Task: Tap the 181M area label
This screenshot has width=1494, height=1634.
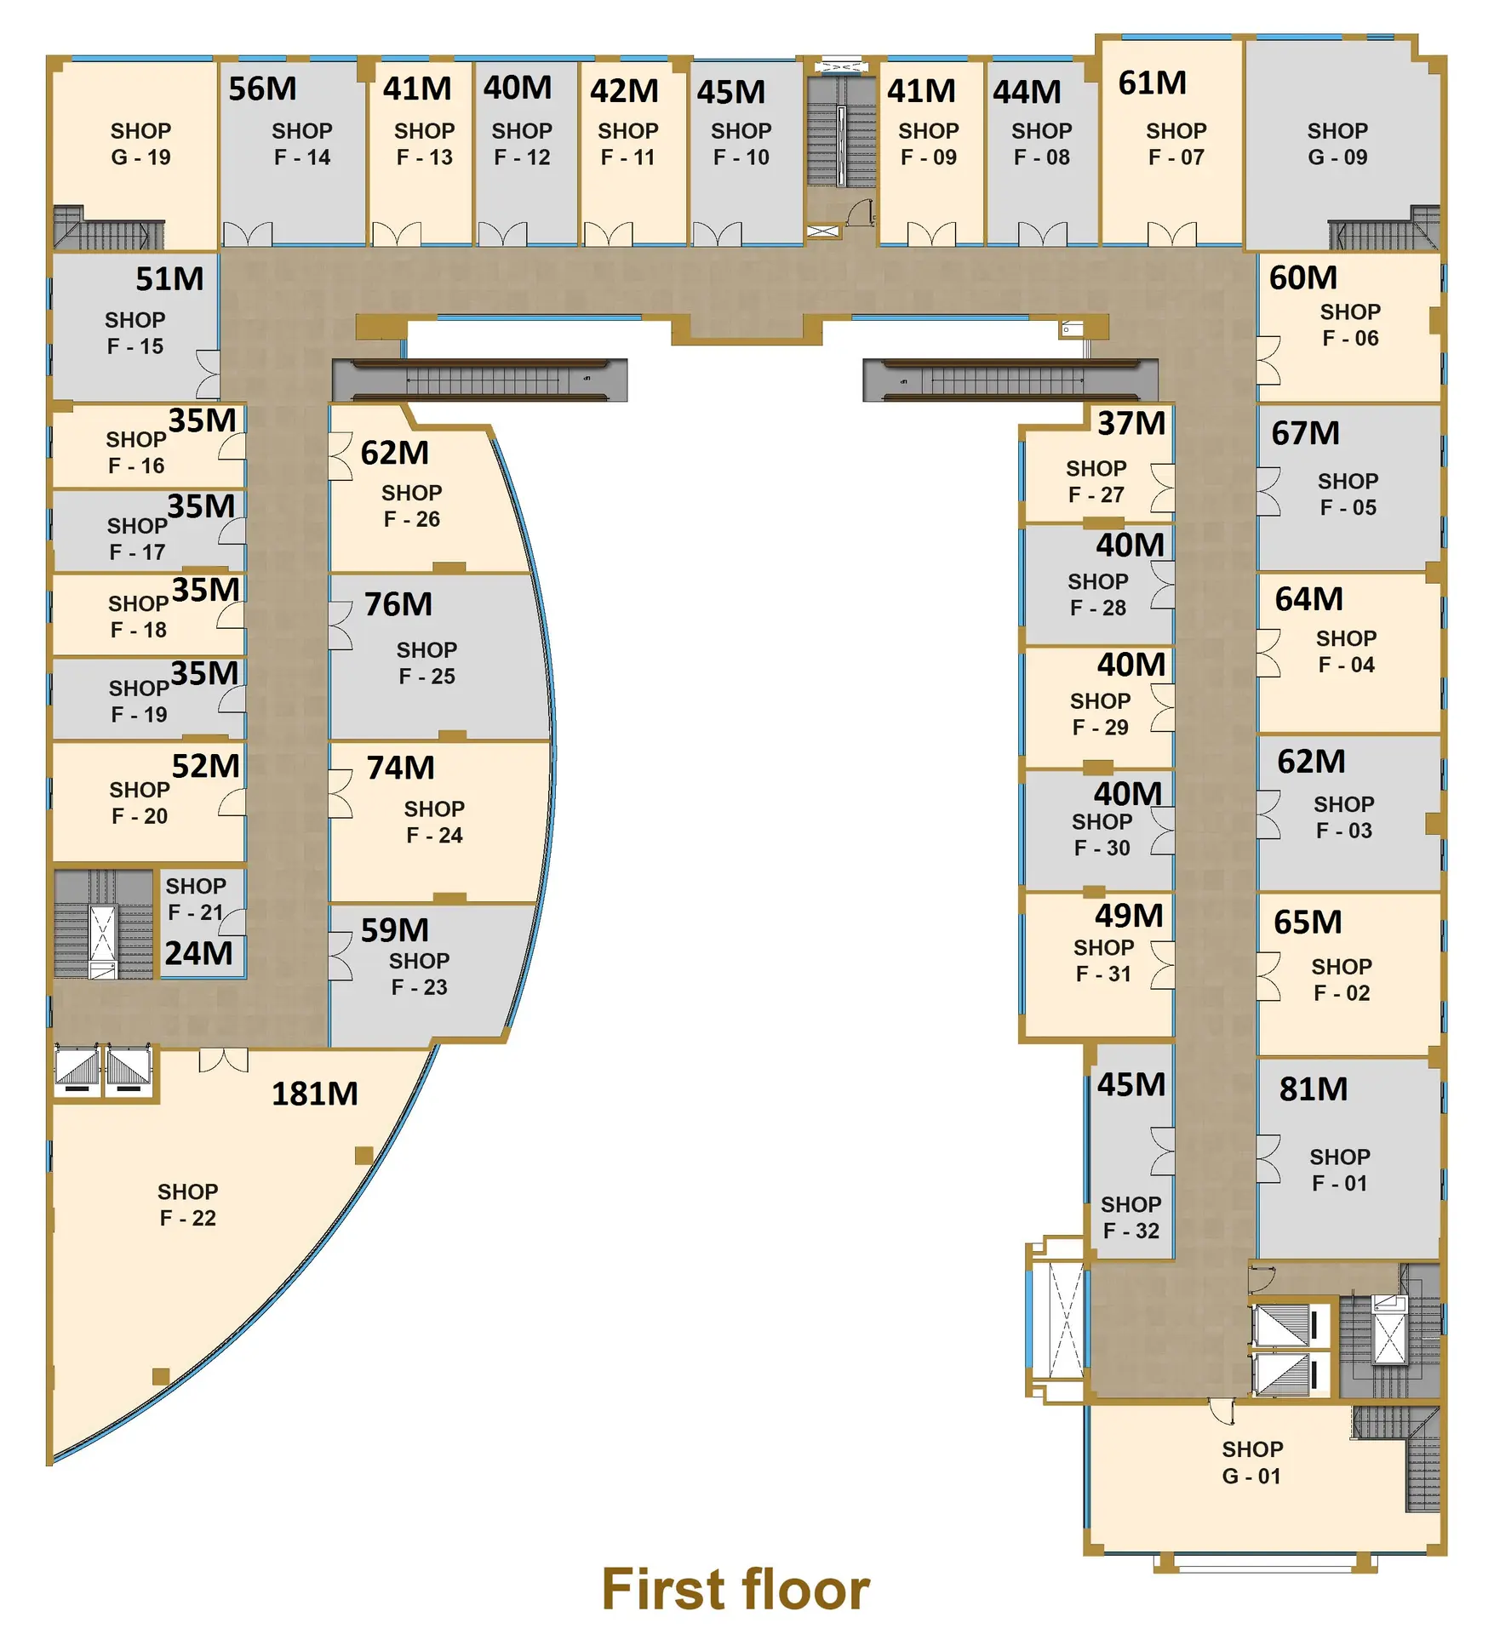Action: click(315, 1094)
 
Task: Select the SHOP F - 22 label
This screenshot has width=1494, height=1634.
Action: click(188, 1204)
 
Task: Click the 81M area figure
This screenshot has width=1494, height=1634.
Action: click(1314, 1088)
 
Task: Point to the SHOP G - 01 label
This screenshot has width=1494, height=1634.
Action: click(1252, 1462)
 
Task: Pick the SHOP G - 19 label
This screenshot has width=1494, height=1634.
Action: click(140, 144)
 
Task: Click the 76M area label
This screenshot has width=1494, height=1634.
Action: click(398, 604)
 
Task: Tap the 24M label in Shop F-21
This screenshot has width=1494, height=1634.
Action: click(198, 953)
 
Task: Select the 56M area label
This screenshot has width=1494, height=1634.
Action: click(263, 89)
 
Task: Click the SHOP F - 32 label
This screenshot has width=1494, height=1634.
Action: click(1131, 1217)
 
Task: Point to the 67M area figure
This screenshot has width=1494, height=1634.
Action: click(1306, 433)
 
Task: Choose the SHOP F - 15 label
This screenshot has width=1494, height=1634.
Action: click(135, 333)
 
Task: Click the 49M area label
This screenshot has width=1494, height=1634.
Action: click(1129, 916)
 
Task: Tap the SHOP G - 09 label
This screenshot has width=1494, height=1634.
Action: click(1337, 144)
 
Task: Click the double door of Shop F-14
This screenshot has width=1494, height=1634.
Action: click(248, 234)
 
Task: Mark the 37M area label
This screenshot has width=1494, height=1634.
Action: click(1131, 423)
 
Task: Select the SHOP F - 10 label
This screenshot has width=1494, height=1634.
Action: click(741, 144)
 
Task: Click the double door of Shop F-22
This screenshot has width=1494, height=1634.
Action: click(224, 1060)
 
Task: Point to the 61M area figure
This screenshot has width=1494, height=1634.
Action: click(1153, 83)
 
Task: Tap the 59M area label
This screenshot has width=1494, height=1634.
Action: click(395, 930)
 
